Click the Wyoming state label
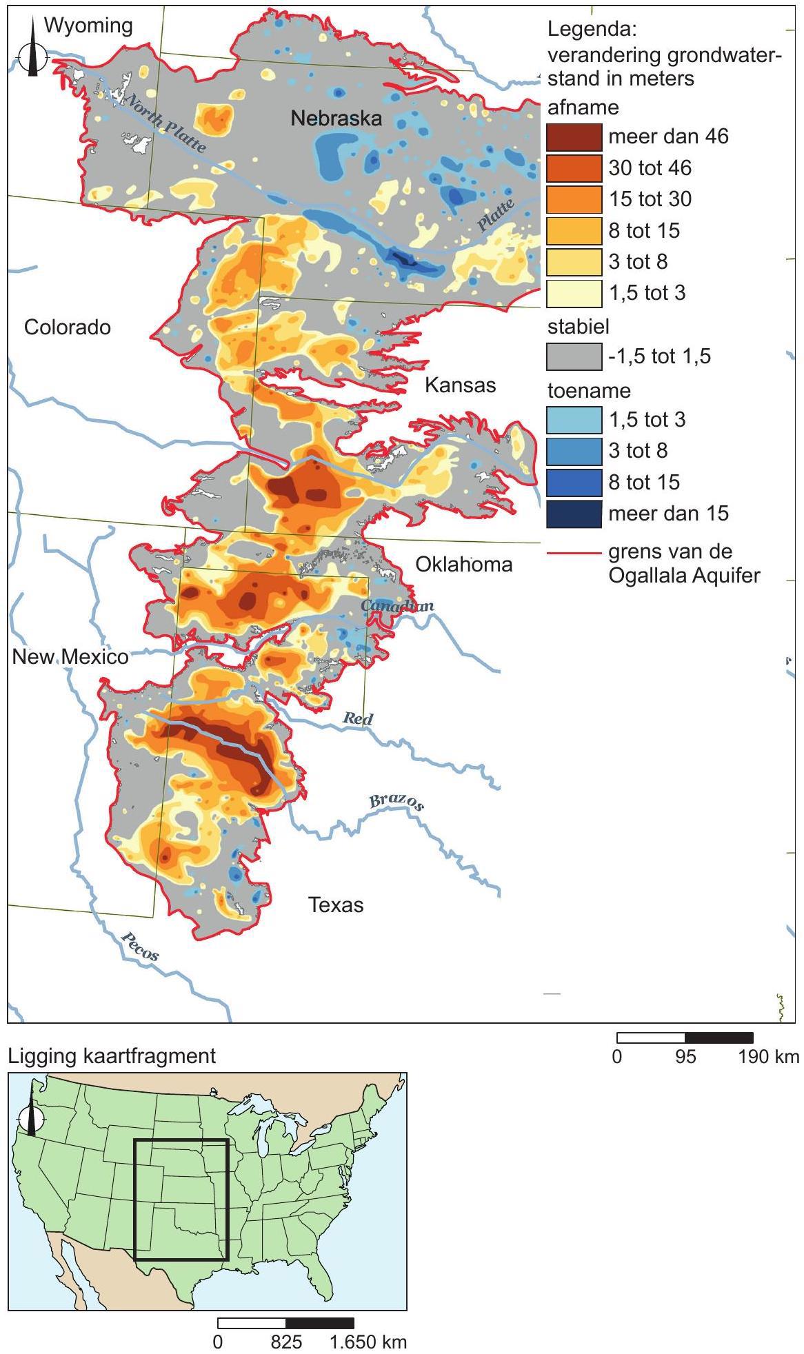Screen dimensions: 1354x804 [x=88, y=26]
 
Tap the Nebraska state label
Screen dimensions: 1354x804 [x=336, y=118]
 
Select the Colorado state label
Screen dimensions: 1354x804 [x=68, y=327]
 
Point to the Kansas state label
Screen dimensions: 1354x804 [x=460, y=385]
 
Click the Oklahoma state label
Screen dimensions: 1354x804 [x=463, y=565]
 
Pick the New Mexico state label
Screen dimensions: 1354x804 [x=70, y=657]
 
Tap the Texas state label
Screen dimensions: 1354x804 [x=336, y=905]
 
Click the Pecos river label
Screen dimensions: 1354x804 [x=140, y=946]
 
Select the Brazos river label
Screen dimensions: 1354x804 [x=396, y=802]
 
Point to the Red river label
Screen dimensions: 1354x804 [x=358, y=718]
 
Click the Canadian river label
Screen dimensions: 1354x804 [x=398, y=605]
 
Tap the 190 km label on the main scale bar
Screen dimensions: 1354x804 [x=769, y=1057]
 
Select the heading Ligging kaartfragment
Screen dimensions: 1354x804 [x=112, y=1055]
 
